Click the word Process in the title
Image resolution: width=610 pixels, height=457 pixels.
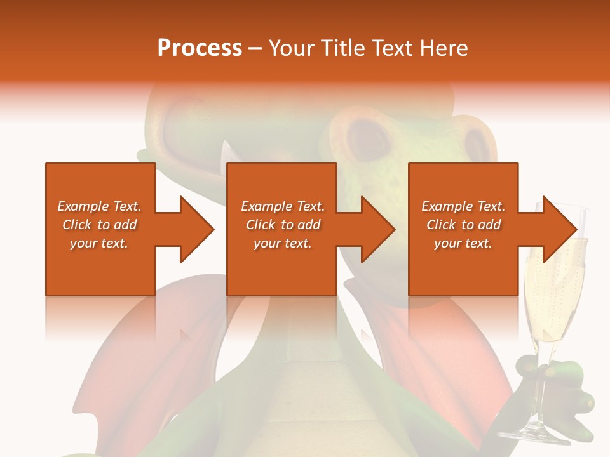(x=200, y=48)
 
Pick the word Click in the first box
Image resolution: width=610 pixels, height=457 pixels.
(x=77, y=225)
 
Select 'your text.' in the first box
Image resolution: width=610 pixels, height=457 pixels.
(x=99, y=243)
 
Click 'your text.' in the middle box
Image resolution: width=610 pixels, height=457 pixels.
(x=283, y=243)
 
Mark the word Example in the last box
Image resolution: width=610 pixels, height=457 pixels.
(x=446, y=206)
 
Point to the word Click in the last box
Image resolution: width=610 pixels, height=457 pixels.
(x=441, y=225)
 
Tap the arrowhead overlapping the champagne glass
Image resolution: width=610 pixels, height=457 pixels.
(x=559, y=229)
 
